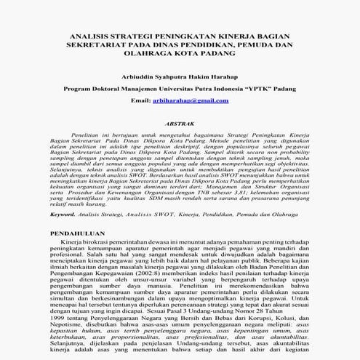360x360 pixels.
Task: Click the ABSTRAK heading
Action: [180, 124]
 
